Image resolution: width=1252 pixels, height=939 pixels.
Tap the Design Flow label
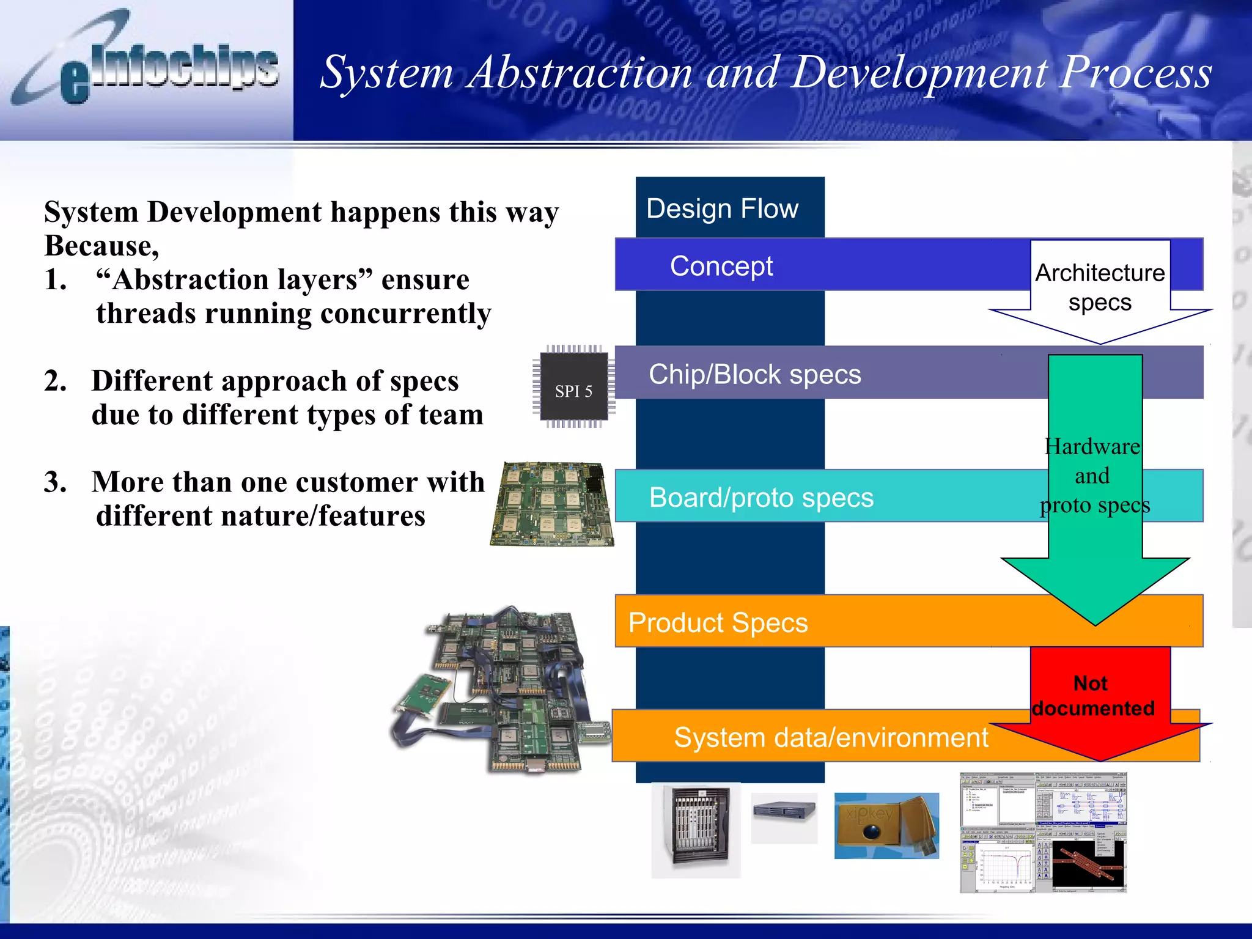[x=722, y=209]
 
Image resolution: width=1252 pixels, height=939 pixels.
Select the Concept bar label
[x=721, y=266]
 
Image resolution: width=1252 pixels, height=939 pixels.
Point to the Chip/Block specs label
[x=754, y=374]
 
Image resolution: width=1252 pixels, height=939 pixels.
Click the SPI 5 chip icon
[x=573, y=387]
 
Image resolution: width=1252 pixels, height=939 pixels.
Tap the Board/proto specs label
[x=761, y=498]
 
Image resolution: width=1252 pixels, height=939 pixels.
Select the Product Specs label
[x=718, y=623]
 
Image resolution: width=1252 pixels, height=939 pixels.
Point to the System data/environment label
[x=831, y=737]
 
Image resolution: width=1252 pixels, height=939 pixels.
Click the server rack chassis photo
[x=696, y=830]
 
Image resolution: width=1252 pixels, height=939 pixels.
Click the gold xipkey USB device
[x=886, y=825]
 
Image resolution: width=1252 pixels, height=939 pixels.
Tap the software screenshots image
[x=1043, y=832]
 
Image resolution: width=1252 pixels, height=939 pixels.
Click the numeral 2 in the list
[x=54, y=381]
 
